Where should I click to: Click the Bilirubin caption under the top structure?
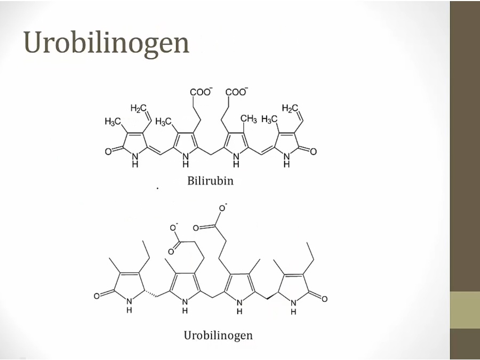210,181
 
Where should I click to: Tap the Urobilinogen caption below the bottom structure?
218,335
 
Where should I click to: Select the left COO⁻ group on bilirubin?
201,92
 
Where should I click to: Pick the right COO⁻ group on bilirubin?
237,92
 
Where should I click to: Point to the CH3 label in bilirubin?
249,119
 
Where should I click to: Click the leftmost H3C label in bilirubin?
113,122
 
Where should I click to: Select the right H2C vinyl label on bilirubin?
290,108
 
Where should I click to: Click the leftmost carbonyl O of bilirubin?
108,151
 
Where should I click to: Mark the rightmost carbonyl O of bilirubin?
313,151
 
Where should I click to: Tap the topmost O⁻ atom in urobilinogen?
222,208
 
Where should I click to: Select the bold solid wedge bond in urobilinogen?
272,295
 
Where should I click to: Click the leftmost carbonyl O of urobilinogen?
97,296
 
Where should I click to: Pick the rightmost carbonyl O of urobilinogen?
324,299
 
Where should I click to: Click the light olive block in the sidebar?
465,310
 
